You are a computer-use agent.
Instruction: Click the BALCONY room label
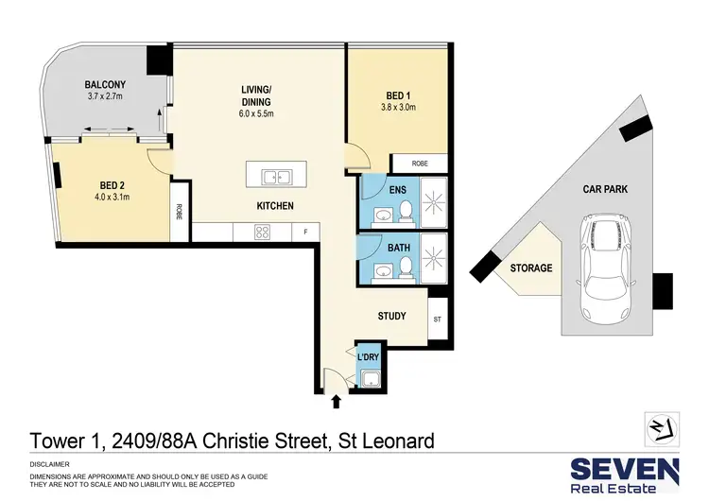[106, 84]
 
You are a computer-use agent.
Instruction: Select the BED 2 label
[113, 185]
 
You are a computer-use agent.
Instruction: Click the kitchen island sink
[276, 175]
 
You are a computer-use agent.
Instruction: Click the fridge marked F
[305, 232]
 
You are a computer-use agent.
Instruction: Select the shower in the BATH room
[436, 258]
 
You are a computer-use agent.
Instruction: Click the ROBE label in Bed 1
[420, 164]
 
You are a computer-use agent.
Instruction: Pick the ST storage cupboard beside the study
[437, 320]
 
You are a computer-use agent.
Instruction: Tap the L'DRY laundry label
[368, 357]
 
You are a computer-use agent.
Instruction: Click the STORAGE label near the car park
[531, 268]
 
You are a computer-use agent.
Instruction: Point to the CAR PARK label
[605, 189]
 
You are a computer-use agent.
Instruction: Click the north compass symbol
[659, 430]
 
